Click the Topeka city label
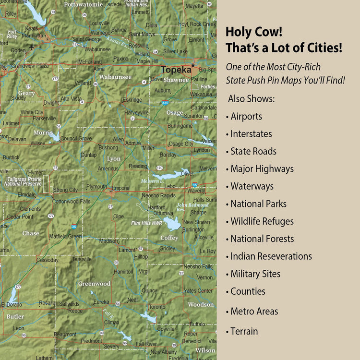click(x=176, y=70)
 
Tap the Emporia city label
click(x=120, y=188)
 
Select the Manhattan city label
click(x=33, y=36)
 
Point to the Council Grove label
click(x=76, y=138)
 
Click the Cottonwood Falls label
click(x=71, y=202)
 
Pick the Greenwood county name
click(x=94, y=284)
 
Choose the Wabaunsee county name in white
click(x=115, y=77)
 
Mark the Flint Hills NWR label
click(x=146, y=223)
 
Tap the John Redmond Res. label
click(x=192, y=207)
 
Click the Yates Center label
click(x=198, y=290)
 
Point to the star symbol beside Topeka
click(x=193, y=65)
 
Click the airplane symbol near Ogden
click(x=32, y=47)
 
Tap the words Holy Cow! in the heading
click(x=254, y=32)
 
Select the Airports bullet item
click(x=246, y=117)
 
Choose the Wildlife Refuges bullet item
click(x=262, y=221)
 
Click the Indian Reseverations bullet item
click(x=271, y=256)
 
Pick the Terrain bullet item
click(x=244, y=331)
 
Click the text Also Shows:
click(x=252, y=98)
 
